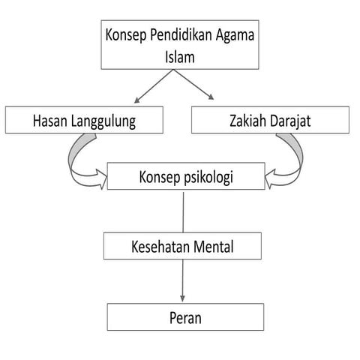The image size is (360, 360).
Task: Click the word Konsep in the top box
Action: click(126, 35)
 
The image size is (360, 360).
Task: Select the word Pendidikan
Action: click(181, 34)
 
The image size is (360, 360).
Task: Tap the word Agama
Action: click(235, 35)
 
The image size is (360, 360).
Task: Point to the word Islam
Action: click(180, 57)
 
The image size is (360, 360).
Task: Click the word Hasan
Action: click(50, 121)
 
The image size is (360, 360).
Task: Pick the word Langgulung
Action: click(103, 121)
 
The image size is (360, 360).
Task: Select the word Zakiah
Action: click(248, 121)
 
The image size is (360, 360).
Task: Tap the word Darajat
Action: click(290, 121)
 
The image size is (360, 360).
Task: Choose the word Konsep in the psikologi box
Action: click(160, 178)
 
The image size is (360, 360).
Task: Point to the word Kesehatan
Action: click(160, 247)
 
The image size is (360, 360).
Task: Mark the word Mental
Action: click(214, 247)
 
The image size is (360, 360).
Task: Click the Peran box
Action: click(185, 317)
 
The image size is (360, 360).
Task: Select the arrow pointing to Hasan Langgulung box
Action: click(154, 86)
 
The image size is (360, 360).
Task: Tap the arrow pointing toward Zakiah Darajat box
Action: click(193, 85)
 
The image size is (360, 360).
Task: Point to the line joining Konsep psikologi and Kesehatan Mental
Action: click(183, 212)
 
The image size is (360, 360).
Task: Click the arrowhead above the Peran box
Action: click(182, 298)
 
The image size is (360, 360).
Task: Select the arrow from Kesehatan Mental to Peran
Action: click(182, 280)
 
